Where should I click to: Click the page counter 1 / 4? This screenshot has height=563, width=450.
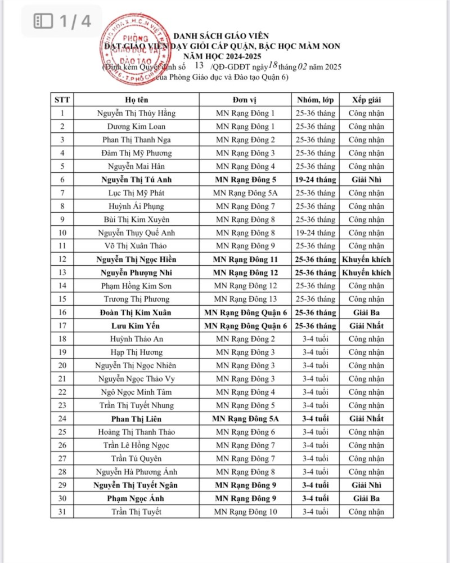tap(62, 21)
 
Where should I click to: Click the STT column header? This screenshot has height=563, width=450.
tap(62, 100)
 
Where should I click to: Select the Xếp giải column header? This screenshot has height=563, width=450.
tap(366, 100)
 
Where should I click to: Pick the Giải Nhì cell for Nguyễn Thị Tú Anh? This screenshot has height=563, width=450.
tap(366, 180)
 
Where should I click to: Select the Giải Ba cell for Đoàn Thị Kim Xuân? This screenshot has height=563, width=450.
tap(366, 312)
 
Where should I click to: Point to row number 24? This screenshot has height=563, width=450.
tap(62, 418)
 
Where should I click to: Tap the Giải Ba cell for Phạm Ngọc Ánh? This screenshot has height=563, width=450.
tap(366, 498)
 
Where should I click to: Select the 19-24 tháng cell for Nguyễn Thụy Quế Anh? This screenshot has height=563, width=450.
tap(316, 233)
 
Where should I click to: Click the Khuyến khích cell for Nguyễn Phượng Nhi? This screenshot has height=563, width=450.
tap(366, 272)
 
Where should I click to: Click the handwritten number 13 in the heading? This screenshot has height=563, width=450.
tap(199, 66)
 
